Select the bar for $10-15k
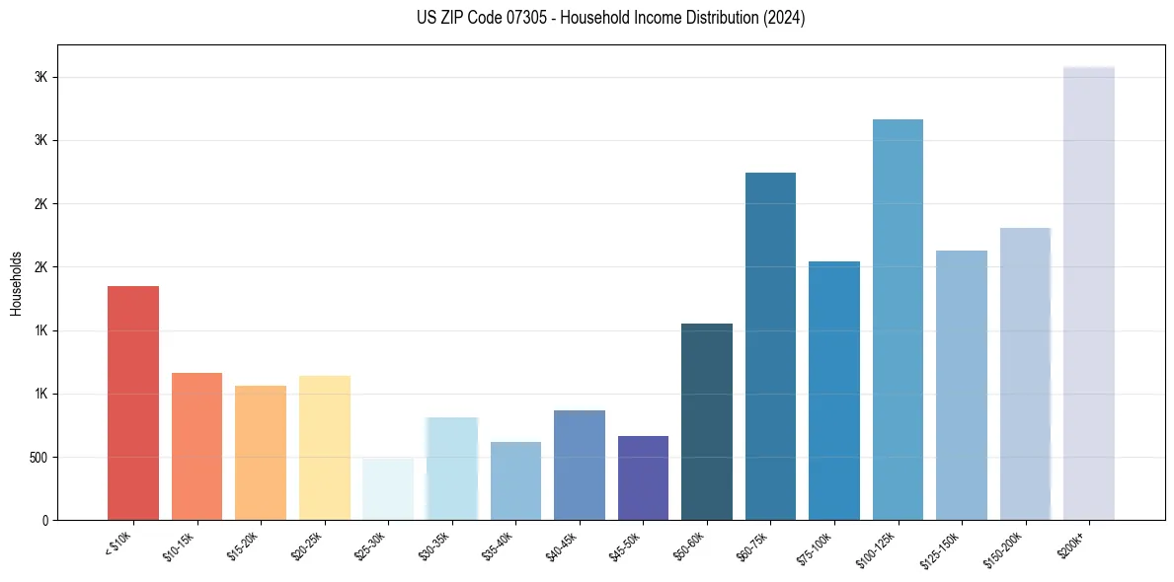click(196, 446)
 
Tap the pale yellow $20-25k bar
click(324, 448)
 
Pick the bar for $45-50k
click(643, 477)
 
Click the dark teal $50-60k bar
click(706, 421)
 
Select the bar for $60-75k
click(770, 346)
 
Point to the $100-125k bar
click(898, 320)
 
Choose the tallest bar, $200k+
click(1088, 293)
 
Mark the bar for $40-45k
click(579, 465)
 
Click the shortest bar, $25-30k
click(388, 489)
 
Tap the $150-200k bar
click(1025, 374)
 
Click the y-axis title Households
click(16, 282)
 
